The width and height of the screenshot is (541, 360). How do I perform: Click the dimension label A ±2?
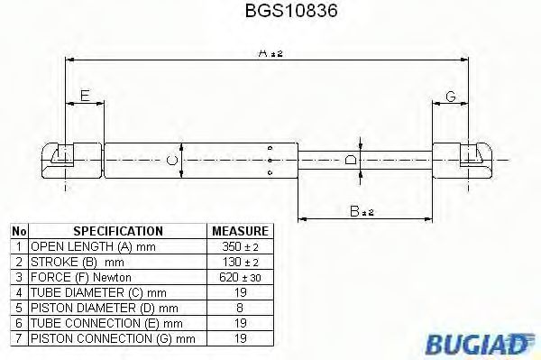269,55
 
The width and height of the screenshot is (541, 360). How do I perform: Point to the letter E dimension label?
84,96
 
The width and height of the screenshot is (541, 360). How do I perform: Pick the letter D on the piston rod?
352,159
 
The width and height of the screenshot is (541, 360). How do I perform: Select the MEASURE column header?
239,231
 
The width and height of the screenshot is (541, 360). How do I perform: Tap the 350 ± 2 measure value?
239,246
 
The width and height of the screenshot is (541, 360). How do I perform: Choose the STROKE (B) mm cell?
73,262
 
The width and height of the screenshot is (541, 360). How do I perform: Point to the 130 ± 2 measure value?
239,262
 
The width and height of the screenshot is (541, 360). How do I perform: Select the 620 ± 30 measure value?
239,277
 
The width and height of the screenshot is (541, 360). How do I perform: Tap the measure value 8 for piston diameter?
239,308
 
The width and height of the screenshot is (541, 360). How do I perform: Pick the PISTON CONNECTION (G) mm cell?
112,338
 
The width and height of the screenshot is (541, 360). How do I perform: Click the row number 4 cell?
18,292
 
